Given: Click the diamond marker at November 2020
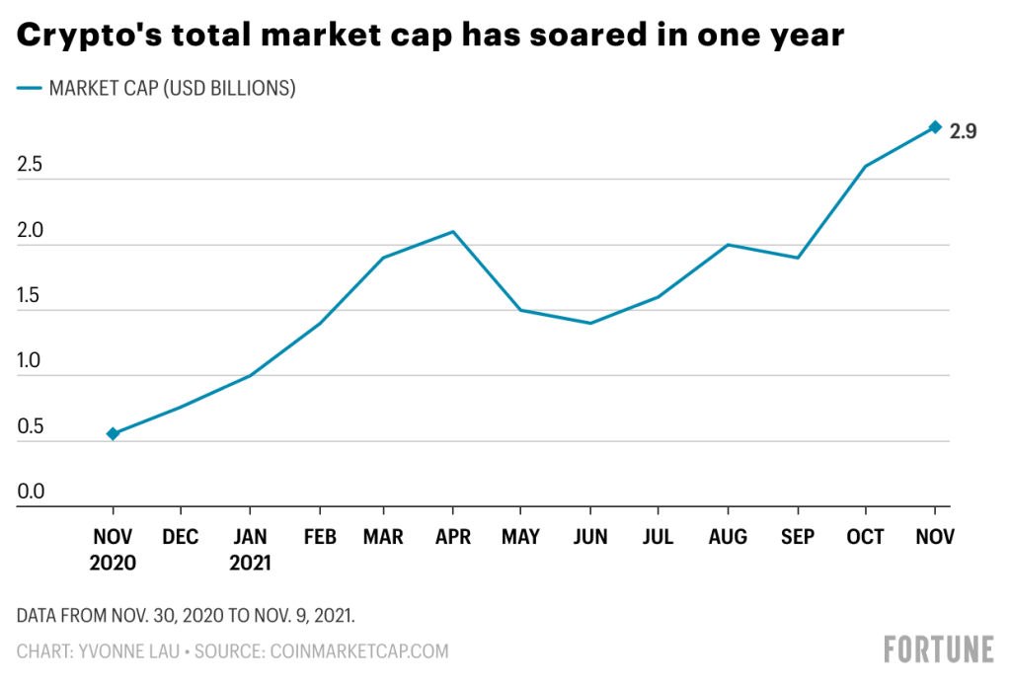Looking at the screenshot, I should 113,433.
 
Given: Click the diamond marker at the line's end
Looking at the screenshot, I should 935,127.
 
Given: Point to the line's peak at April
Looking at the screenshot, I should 452,232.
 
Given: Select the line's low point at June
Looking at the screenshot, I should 590,323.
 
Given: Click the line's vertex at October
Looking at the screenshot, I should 866,166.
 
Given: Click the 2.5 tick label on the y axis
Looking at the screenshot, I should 31,165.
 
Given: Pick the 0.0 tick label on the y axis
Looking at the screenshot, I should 31,492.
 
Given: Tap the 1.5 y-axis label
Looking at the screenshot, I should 31,296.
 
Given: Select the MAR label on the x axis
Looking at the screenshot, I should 383,537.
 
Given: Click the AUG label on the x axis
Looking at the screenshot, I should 728,537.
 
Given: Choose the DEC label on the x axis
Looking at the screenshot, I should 181,537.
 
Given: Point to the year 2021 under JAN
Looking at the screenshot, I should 250,564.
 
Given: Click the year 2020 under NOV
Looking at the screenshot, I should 113,564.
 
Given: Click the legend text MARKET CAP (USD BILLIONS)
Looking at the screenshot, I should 172,89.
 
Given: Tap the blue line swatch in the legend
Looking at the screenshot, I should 29,89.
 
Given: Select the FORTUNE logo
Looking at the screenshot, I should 938,649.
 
